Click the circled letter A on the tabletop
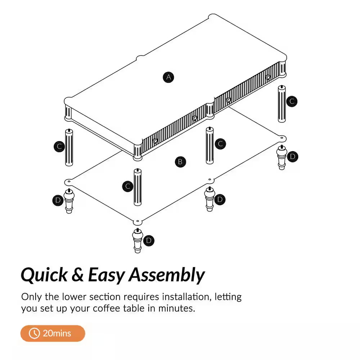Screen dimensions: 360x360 (x=168, y=77)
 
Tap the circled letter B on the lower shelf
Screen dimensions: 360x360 (x=180, y=162)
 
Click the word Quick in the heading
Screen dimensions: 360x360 (x=44, y=275)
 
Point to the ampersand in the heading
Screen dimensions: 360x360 (x=78, y=275)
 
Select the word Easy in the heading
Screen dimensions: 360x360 (x=106, y=275)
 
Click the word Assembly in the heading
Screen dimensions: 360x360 (x=166, y=275)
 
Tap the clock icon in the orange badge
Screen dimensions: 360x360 (x=34, y=333)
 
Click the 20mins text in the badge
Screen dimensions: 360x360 (x=57, y=333)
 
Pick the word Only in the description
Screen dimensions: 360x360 (x=31, y=297)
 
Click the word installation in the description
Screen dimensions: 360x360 (x=187, y=297)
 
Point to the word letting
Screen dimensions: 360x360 (x=228, y=297)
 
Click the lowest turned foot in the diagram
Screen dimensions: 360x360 (x=138, y=241)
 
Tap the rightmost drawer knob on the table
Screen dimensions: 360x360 (x=268, y=77)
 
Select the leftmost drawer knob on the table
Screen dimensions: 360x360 (x=155, y=141)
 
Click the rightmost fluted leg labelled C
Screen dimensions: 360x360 (x=282, y=104)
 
